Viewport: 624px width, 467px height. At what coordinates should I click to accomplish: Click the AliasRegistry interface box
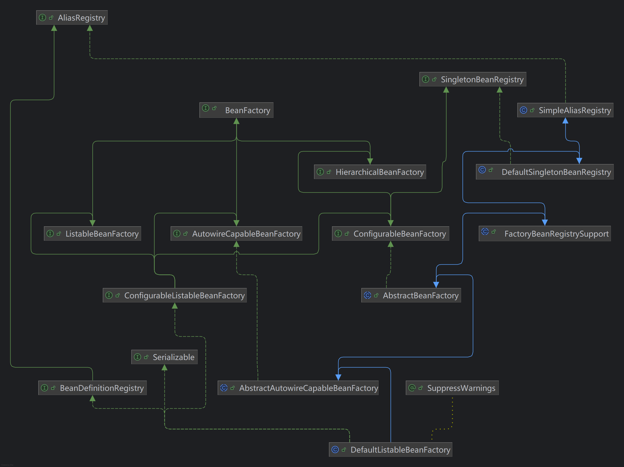point(72,17)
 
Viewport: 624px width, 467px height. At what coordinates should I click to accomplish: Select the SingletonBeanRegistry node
point(473,79)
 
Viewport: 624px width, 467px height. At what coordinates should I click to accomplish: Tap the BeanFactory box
point(236,110)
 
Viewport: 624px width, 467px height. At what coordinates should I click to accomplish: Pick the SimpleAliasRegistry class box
point(565,110)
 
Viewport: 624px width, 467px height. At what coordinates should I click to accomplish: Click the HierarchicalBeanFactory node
point(370,172)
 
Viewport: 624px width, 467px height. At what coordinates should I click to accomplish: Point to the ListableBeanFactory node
point(93,233)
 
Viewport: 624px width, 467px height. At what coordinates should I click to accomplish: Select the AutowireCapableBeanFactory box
point(236,233)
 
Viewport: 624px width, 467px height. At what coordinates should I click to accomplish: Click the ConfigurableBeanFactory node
point(390,233)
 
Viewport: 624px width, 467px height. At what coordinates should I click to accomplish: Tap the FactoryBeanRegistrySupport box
point(545,233)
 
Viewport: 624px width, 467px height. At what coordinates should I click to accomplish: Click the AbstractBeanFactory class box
point(411,295)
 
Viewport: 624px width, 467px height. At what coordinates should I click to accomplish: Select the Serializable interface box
point(164,357)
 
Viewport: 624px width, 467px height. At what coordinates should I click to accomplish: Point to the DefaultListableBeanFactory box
point(390,450)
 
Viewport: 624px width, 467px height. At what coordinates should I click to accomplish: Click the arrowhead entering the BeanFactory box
point(236,121)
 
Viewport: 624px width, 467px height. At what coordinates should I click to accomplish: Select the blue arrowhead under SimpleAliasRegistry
point(565,121)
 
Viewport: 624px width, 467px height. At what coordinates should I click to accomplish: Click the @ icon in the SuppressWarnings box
point(412,388)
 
